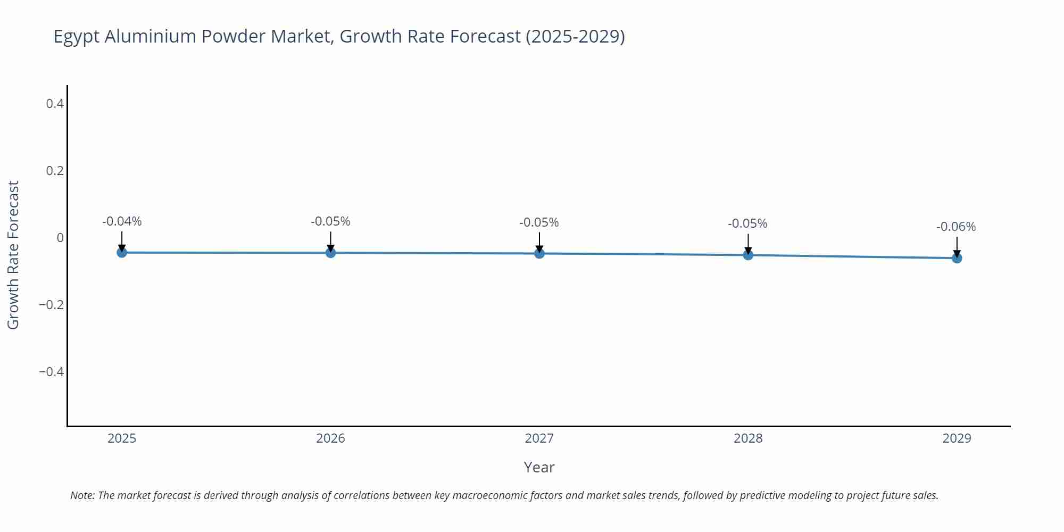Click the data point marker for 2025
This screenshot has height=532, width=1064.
(x=122, y=252)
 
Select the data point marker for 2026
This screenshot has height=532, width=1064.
(x=330, y=253)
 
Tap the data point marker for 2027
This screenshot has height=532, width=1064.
(x=539, y=253)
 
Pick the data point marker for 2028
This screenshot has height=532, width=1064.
(x=748, y=255)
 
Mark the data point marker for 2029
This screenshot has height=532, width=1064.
(x=957, y=258)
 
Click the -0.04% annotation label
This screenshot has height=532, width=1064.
(x=122, y=221)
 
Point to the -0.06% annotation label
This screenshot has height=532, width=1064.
(x=956, y=227)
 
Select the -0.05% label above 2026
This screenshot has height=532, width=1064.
(x=330, y=221)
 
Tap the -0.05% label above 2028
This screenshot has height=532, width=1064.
(x=747, y=223)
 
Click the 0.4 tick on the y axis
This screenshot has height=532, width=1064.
(x=55, y=104)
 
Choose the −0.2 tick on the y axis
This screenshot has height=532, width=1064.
(x=52, y=305)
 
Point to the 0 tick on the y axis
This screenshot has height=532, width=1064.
(x=60, y=238)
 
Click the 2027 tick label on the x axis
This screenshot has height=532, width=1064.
(x=539, y=438)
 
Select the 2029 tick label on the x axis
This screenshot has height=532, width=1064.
(x=957, y=438)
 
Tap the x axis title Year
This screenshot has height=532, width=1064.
(x=539, y=467)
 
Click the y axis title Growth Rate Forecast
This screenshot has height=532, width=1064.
(x=13, y=255)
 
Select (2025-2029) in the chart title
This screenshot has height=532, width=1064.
(x=575, y=36)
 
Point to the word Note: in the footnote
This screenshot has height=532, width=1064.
(x=82, y=495)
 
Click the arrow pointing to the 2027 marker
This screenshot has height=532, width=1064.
(x=539, y=242)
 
